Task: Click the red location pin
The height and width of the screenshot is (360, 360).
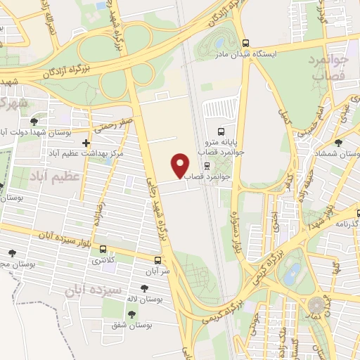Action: point(181,165)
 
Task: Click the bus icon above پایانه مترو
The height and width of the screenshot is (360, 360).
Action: point(221,131)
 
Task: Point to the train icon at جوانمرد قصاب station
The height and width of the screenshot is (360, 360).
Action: point(207,167)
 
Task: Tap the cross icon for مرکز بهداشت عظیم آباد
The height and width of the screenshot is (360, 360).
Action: point(86,143)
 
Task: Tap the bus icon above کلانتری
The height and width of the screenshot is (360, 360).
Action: point(103,249)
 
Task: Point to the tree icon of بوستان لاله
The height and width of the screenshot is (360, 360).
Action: point(144,288)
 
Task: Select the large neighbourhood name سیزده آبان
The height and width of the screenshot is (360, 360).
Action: point(98,289)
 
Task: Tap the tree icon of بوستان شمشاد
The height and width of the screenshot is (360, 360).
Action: point(339,142)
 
